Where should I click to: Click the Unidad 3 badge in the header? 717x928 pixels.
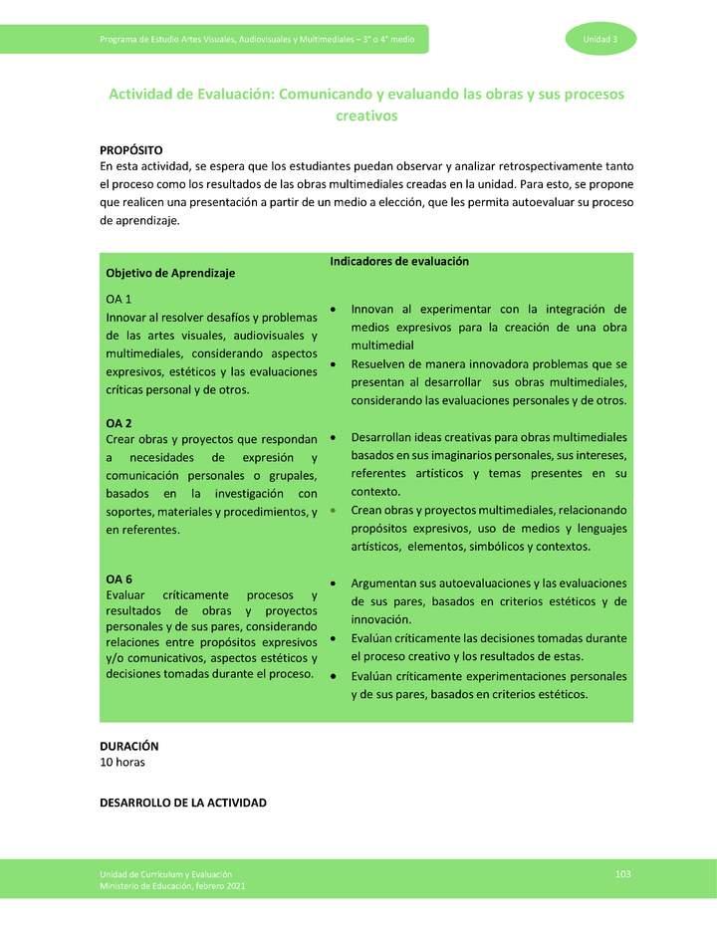pos(600,39)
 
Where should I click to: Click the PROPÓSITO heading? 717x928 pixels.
pos(131,149)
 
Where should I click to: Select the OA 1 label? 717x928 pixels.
pos(119,299)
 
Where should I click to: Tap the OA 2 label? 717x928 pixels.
pos(119,423)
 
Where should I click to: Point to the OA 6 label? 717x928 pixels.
pos(119,580)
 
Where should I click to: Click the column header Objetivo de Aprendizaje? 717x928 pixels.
pos(170,273)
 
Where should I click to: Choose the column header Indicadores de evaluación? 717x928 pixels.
pos(398,261)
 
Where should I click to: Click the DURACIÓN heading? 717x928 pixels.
pos(129,746)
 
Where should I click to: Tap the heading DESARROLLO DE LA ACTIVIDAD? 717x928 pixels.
pos(183,803)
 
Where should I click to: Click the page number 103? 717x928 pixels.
pos(623,873)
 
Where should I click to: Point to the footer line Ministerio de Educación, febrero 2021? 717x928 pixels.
pos(172,885)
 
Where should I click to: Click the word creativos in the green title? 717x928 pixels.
pos(366,116)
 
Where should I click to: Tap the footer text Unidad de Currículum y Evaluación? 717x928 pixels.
pos(165,873)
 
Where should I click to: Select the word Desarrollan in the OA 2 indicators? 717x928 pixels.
pos(384,437)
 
